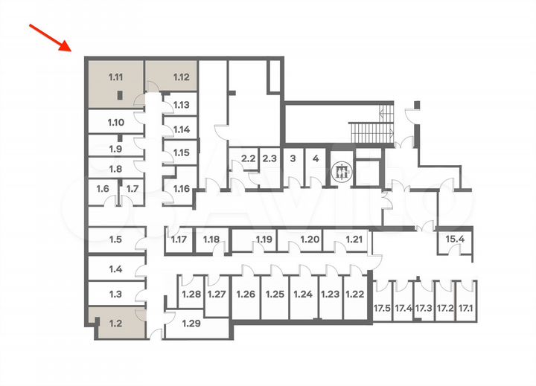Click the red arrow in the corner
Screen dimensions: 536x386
[51, 38]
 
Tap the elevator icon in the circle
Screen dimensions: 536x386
[342, 172]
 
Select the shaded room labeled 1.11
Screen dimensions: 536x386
[115, 84]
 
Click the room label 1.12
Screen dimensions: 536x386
[181, 77]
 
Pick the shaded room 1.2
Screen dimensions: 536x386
[121, 323]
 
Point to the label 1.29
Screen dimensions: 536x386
[191, 323]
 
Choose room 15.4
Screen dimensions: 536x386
[455, 243]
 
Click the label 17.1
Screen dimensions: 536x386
[465, 309]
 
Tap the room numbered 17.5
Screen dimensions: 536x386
[382, 300]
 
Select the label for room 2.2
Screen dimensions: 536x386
[248, 158]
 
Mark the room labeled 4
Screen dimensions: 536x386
[316, 167]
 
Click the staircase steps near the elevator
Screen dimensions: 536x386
[371, 132]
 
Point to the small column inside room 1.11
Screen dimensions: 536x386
[119, 95]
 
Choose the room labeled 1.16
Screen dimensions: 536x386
[181, 187]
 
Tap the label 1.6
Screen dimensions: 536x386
[103, 189]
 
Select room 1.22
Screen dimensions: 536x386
[355, 297]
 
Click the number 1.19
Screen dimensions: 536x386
[264, 239]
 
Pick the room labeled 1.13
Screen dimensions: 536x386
[180, 105]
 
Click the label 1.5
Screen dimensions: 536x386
[115, 239]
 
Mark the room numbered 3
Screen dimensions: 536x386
[293, 167]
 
